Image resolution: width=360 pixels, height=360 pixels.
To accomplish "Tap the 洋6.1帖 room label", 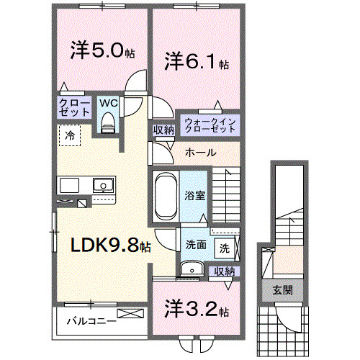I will [197, 62].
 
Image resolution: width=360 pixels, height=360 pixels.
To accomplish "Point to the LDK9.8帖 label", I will [110, 246].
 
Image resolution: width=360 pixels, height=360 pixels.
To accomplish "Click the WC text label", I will [108, 102].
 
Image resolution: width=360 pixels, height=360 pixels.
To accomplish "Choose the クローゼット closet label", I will [74, 109].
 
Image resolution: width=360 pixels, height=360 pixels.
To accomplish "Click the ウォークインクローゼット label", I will [210, 125].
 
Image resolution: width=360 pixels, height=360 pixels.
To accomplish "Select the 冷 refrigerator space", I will [70, 135].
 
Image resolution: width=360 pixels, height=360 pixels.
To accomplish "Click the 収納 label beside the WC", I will [163, 130].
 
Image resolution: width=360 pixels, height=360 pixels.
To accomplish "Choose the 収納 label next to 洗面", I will [225, 271].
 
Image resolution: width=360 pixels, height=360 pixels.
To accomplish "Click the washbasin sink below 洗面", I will [190, 269].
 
